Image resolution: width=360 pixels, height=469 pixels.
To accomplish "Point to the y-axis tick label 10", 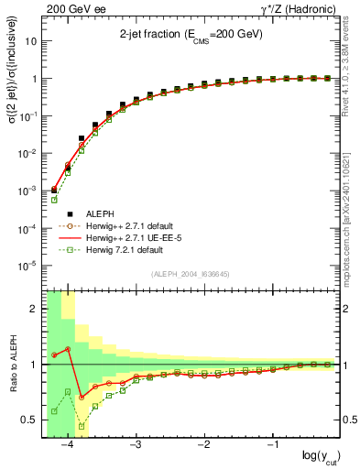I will point(31,41).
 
